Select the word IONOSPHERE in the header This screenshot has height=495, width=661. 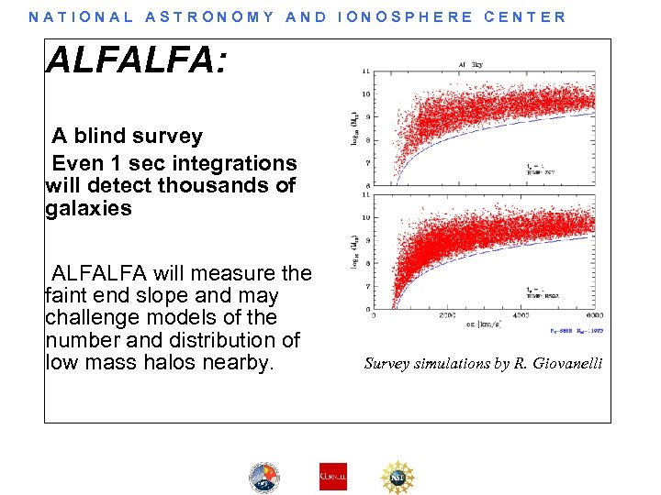[x=405, y=16]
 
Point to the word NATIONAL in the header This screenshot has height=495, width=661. [x=82, y=16]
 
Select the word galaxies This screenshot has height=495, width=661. [x=88, y=209]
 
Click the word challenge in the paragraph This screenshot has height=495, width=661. [x=91, y=317]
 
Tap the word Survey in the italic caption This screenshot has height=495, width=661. [x=388, y=364]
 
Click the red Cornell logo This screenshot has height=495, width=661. [x=332, y=476]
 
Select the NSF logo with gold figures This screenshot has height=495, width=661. [x=398, y=476]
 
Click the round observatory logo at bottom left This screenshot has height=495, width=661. [x=264, y=477]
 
